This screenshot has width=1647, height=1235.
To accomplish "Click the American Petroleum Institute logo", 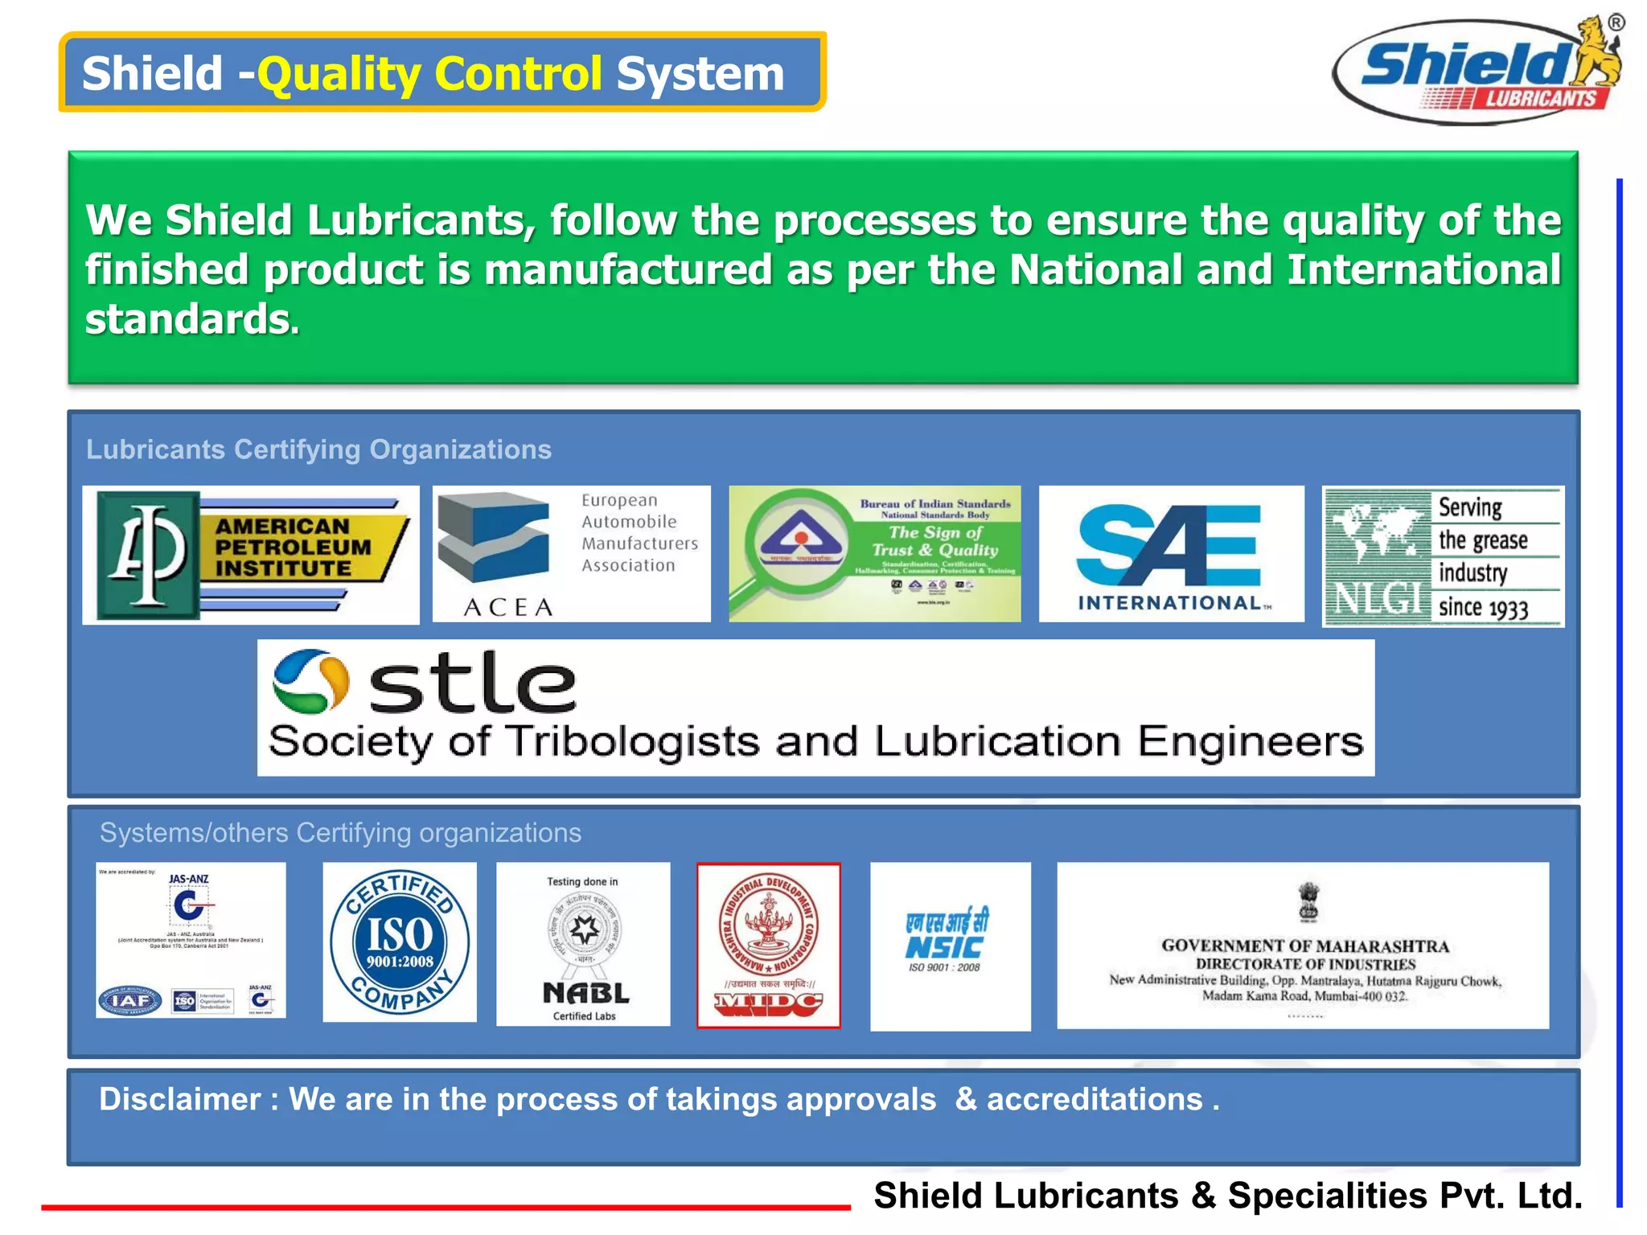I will point(250,554).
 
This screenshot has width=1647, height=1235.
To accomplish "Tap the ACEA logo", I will point(571,553).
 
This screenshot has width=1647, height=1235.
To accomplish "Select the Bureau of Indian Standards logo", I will point(874,553).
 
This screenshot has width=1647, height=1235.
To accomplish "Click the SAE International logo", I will point(1171,553).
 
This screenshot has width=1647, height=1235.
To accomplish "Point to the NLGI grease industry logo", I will point(1443,556).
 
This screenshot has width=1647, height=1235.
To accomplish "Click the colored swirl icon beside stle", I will point(310,681).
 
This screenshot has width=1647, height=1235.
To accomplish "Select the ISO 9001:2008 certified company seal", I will point(399,942).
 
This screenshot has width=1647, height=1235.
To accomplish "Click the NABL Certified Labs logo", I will point(583,944).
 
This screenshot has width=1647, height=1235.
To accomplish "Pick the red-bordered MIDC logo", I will point(768,945).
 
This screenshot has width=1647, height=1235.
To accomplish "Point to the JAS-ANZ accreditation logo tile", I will point(191,940).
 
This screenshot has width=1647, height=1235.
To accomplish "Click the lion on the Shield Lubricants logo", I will point(1597,51).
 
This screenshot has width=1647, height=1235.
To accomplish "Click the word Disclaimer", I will point(179,1099).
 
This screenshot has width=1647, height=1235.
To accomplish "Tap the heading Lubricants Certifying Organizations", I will point(318,449).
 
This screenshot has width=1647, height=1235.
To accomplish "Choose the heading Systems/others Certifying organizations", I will point(340,833).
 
